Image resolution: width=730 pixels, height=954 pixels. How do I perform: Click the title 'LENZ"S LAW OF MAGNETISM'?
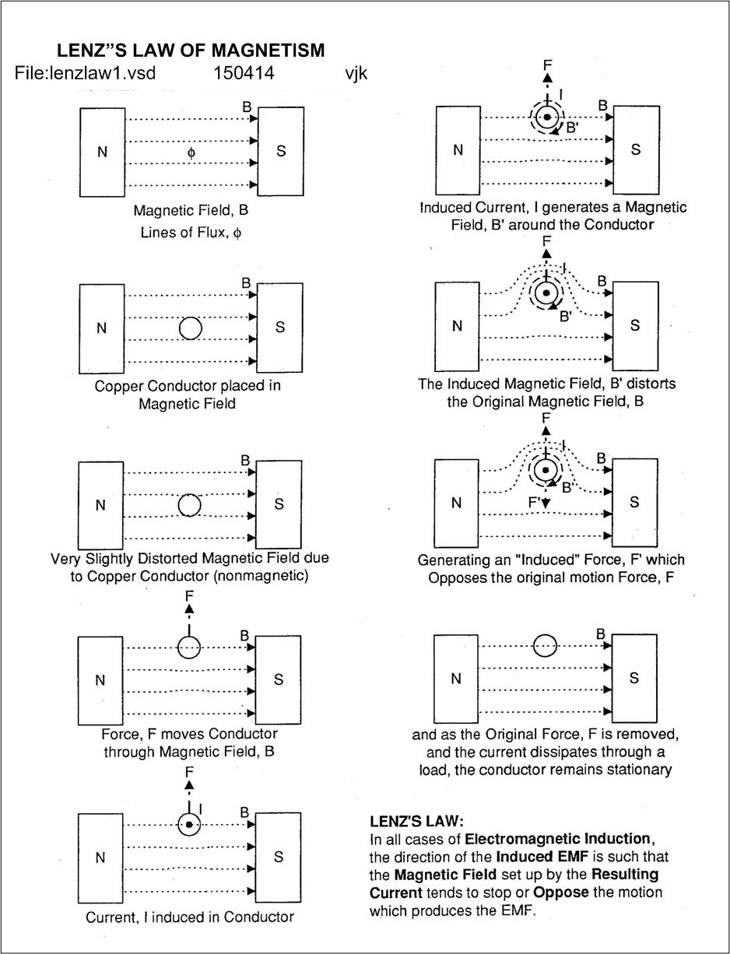tap(191, 51)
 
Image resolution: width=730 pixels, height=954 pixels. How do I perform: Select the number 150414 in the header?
tap(244, 73)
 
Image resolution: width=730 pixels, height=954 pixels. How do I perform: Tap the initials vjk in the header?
tap(356, 73)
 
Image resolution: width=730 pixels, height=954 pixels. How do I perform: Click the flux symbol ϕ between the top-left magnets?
tap(191, 153)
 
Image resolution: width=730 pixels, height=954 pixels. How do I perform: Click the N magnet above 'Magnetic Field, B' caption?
tap(102, 152)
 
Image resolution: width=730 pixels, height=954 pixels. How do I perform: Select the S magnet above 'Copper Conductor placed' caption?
tap(280, 328)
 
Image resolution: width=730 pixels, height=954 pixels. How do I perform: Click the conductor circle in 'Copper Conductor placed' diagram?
tap(191, 328)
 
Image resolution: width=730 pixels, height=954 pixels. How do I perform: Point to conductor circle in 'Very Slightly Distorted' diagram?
tap(189, 505)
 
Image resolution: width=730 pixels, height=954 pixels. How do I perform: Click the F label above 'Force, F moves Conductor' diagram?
tap(189, 596)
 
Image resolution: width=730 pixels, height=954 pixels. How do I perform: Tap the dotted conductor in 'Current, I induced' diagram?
tap(188, 825)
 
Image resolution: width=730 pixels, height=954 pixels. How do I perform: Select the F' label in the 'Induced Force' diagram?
tap(535, 503)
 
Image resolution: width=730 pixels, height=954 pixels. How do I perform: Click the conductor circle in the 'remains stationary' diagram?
tap(545, 645)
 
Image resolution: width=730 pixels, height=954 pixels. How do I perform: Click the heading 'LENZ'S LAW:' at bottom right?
tap(416, 821)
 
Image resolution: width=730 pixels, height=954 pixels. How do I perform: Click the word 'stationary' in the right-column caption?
tap(635, 770)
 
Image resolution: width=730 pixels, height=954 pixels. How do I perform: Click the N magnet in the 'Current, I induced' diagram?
tap(100, 858)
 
